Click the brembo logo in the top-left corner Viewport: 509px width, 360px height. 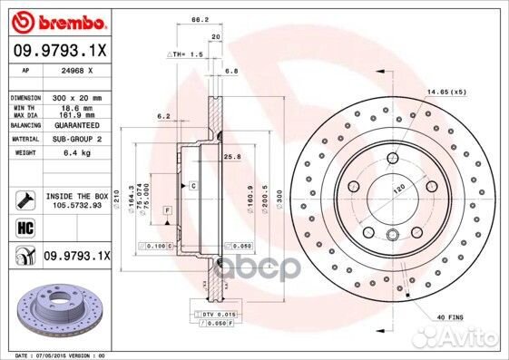[59, 20]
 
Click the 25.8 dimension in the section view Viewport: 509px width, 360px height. [231, 157]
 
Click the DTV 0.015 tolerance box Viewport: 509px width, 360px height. [213, 314]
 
